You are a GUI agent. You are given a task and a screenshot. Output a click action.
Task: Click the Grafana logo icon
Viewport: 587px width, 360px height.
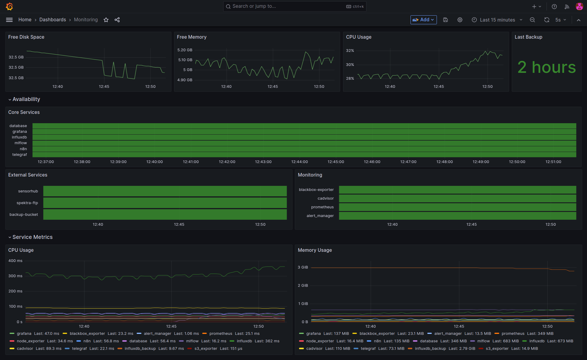(10, 6)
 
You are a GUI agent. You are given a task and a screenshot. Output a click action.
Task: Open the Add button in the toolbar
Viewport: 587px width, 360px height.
(423, 20)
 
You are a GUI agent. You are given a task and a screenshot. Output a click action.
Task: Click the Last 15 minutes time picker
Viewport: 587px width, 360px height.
(497, 20)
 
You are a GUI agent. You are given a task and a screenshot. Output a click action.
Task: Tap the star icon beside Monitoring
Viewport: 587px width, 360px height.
(106, 20)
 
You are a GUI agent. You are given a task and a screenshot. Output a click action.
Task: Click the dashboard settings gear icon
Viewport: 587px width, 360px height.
(460, 20)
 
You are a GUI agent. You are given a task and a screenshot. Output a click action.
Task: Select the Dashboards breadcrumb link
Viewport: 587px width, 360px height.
(52, 20)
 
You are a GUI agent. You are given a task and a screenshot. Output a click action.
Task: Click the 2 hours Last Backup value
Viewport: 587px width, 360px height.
(547, 67)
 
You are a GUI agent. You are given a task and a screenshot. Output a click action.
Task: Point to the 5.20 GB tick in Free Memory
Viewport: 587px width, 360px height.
(185, 50)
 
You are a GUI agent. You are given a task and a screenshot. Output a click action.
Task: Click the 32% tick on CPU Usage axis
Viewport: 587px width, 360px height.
(350, 51)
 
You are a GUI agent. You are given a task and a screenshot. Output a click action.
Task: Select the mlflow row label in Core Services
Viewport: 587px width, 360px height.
(21, 143)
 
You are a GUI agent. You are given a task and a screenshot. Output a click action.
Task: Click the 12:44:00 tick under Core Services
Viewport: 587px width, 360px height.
(299, 162)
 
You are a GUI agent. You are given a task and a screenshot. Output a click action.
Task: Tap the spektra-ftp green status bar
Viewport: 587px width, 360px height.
(165, 203)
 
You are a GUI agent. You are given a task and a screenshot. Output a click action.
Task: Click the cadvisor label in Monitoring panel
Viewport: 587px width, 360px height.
(325, 198)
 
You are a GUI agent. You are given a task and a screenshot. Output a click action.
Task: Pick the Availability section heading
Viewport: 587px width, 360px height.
(26, 99)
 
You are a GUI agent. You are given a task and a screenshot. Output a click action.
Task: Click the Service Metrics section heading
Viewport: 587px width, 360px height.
(32, 237)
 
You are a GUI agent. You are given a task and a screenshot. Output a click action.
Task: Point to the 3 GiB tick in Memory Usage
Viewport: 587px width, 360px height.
(303, 267)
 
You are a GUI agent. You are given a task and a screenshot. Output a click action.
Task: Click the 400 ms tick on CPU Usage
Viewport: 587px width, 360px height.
(15, 261)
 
